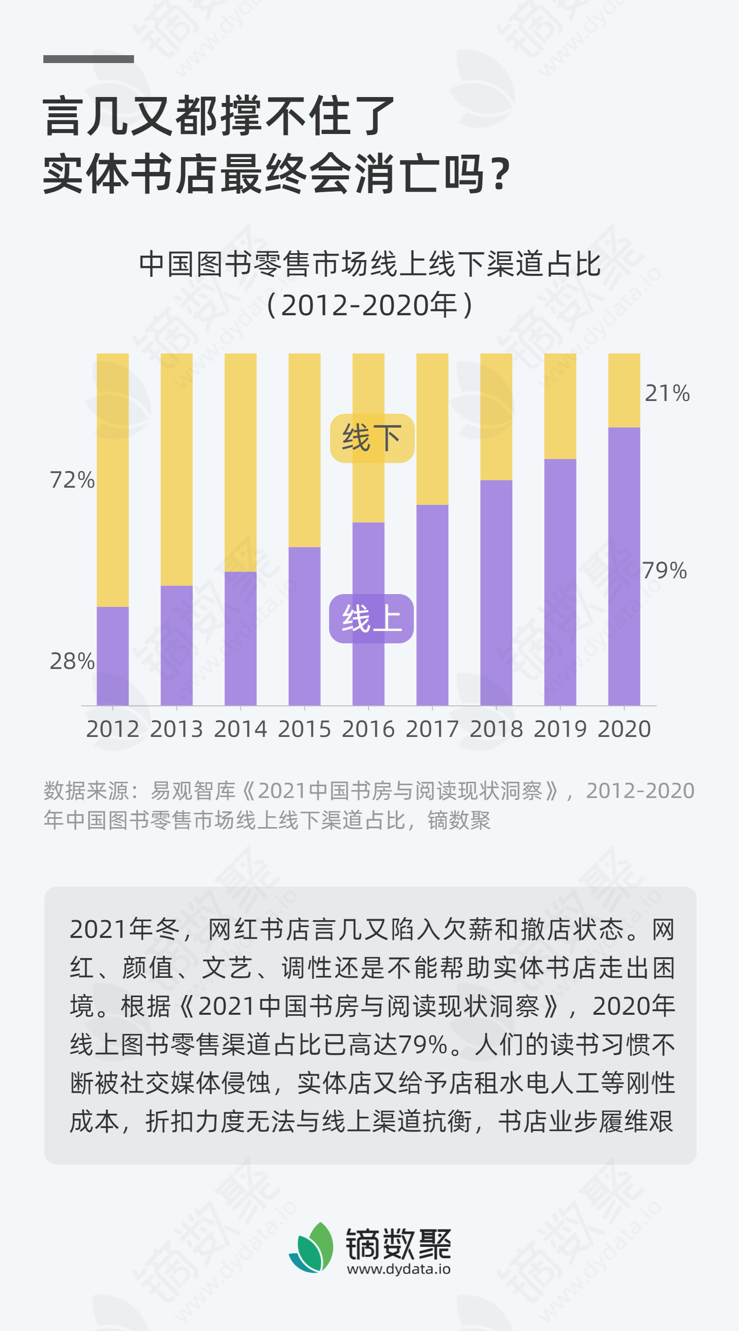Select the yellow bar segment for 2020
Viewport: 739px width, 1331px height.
click(624, 390)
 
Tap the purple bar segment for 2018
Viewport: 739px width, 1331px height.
click(496, 592)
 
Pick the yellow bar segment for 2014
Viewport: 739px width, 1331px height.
click(240, 462)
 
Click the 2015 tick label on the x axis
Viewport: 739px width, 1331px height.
click(304, 729)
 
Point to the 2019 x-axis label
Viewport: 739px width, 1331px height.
click(560, 729)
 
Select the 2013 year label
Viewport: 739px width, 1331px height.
click(176, 729)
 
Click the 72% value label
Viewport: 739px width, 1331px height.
click(72, 480)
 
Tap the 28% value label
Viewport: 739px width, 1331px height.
click(72, 662)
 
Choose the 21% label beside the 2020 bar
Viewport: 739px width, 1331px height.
click(667, 393)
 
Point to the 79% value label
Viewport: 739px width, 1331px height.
click(665, 571)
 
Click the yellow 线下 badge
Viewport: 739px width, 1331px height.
click(372, 438)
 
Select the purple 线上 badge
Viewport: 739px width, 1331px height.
click(371, 619)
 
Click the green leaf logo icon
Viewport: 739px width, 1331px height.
click(312, 1247)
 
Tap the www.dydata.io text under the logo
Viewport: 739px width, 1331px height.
click(399, 1269)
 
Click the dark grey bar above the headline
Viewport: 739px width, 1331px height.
click(88, 59)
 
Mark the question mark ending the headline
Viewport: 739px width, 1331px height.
click(500, 174)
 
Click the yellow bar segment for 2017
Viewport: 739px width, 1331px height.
click(432, 429)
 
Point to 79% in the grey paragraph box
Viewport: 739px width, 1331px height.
click(423, 1044)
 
